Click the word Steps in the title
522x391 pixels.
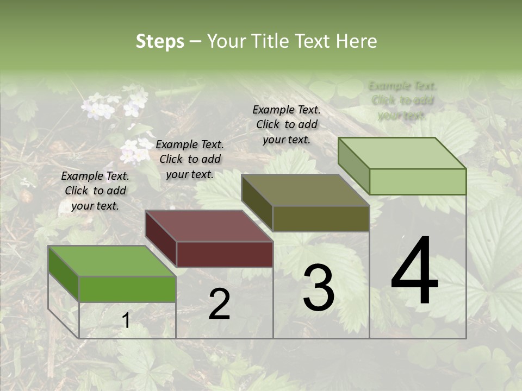click(160, 41)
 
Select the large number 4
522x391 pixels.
click(414, 272)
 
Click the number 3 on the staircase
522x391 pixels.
click(319, 288)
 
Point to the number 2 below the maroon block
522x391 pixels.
click(219, 304)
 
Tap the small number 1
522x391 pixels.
click(126, 321)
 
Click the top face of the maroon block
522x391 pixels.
click(209, 225)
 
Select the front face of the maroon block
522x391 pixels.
click(225, 254)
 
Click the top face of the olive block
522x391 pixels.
click(305, 190)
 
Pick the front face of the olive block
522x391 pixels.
click(321, 218)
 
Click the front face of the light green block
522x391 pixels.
click(418, 181)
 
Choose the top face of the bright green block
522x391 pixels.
click(111, 261)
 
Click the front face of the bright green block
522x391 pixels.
click(128, 289)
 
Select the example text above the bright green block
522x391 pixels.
click(95, 191)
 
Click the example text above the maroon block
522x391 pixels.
click(190, 159)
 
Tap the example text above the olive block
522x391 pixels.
click(287, 124)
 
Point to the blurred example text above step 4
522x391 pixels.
click(402, 100)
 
